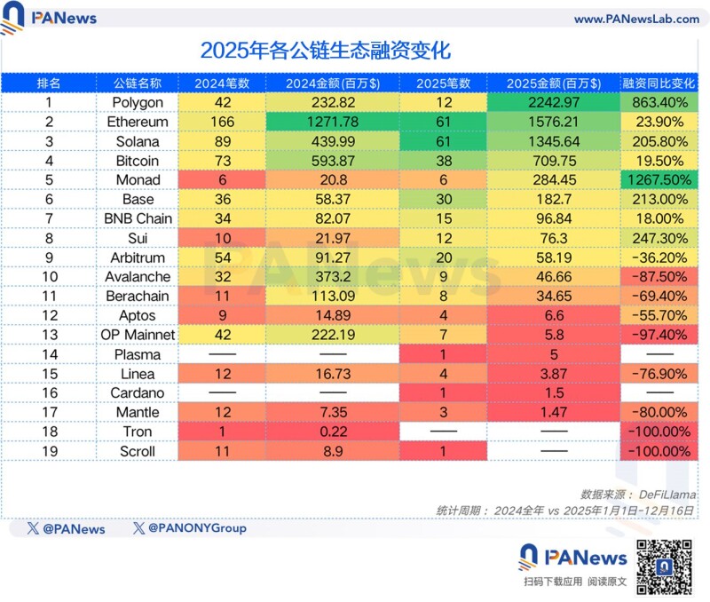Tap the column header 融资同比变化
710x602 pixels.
[659, 83]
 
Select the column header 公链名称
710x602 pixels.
[138, 83]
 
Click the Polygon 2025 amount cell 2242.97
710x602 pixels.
[553, 102]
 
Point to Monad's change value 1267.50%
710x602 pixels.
[659, 180]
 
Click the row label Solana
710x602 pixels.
[138, 141]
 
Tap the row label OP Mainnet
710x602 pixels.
[138, 335]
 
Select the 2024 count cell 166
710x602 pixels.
[222, 122]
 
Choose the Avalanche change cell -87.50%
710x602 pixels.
[659, 277]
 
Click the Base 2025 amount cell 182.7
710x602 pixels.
[553, 200]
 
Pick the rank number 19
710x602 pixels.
[49, 451]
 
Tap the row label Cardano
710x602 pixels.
[138, 393]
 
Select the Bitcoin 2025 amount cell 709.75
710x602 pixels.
[553, 161]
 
